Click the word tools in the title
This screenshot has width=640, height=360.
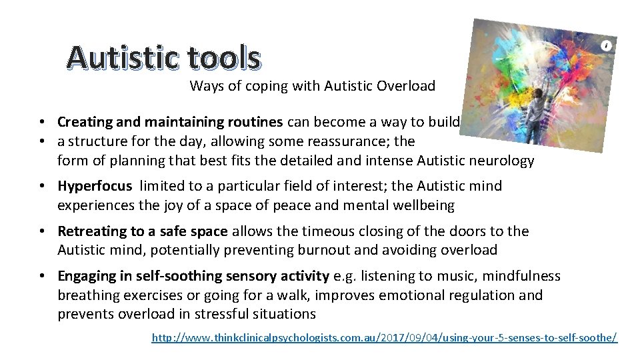223,59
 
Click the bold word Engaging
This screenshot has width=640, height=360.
85,277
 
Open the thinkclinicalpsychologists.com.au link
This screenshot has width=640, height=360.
385,338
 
